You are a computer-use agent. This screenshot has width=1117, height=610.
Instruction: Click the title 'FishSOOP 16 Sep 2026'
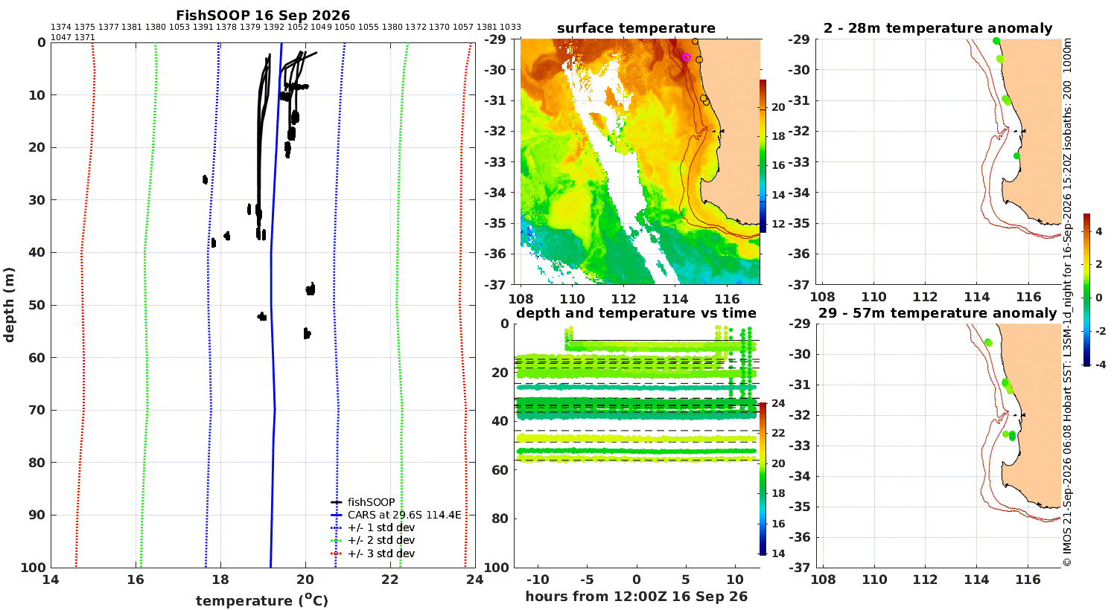coord(263,16)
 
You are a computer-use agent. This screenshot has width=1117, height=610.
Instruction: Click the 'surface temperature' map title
coord(636,28)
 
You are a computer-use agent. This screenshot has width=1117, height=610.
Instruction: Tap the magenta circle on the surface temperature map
coord(686,57)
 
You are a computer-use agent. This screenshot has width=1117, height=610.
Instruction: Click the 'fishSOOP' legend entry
coord(363,502)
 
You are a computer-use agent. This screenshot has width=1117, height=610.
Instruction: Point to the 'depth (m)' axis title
coord(9,305)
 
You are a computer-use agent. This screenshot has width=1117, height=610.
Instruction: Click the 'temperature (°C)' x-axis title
coord(262,600)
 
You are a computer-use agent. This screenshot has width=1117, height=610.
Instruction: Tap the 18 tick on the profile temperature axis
coord(220,579)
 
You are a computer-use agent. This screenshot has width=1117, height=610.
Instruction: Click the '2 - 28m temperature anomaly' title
coord(938,28)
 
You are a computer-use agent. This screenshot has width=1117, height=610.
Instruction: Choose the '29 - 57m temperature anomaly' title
coord(938,313)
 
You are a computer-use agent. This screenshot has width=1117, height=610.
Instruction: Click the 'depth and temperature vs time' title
coord(636,312)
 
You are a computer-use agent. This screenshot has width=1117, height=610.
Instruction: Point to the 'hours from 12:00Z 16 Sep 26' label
coord(636,596)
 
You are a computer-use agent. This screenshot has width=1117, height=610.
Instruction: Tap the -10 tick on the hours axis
coord(538,579)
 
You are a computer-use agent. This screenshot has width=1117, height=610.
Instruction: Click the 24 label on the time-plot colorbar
coord(778,403)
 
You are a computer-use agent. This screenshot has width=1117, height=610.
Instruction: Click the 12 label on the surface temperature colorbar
coord(778,224)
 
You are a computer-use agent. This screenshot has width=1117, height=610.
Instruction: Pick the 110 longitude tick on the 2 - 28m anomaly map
coord(873,297)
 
